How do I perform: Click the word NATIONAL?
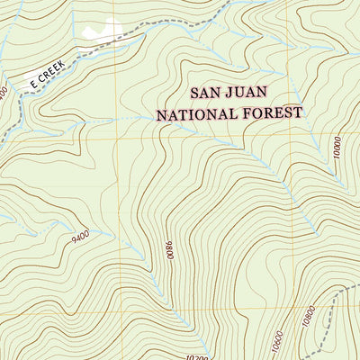pyautogui.click(x=196, y=114)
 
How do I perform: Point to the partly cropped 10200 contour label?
pyautogui.click(x=184, y=355)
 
